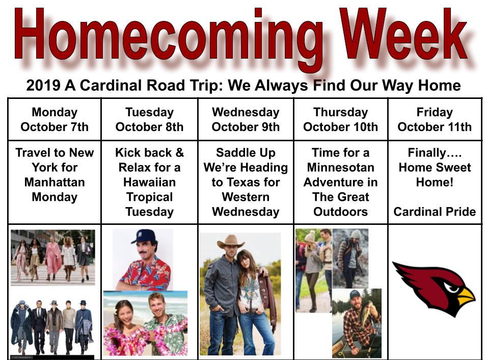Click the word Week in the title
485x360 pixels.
coord(403,34)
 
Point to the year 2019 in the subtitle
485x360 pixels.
coord(43,85)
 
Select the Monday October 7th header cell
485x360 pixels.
coord(55,119)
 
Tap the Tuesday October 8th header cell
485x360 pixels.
coord(149,119)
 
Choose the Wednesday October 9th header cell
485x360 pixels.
coord(246,119)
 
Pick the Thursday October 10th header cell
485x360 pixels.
coord(340,119)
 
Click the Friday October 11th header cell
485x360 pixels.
coord(435,119)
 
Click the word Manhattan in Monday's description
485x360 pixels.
coord(55,182)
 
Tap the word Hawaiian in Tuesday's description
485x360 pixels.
coord(149,182)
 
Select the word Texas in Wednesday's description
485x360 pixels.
coord(246,182)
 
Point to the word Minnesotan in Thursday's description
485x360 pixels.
coord(340,167)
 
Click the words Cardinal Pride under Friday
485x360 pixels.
coord(435,212)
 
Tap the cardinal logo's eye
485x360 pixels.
coord(452,289)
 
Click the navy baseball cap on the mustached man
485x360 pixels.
coord(142,237)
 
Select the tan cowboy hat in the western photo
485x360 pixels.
coord(231,241)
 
